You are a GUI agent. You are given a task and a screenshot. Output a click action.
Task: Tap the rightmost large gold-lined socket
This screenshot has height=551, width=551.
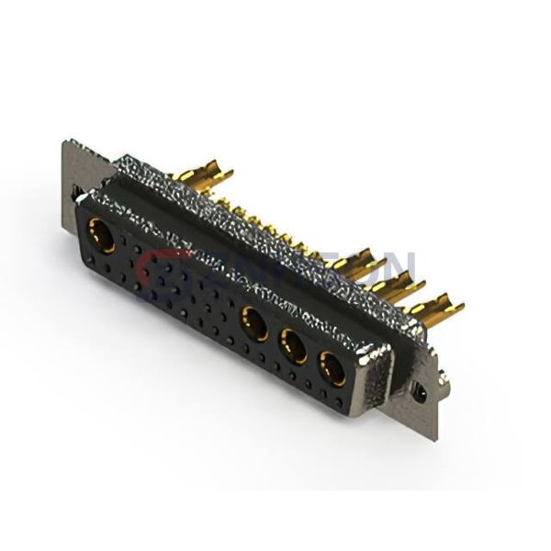331,371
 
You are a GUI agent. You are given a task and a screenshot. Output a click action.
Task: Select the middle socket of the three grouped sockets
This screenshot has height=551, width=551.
294,348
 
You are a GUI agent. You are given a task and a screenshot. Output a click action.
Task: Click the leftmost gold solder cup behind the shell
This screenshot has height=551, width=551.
211,175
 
